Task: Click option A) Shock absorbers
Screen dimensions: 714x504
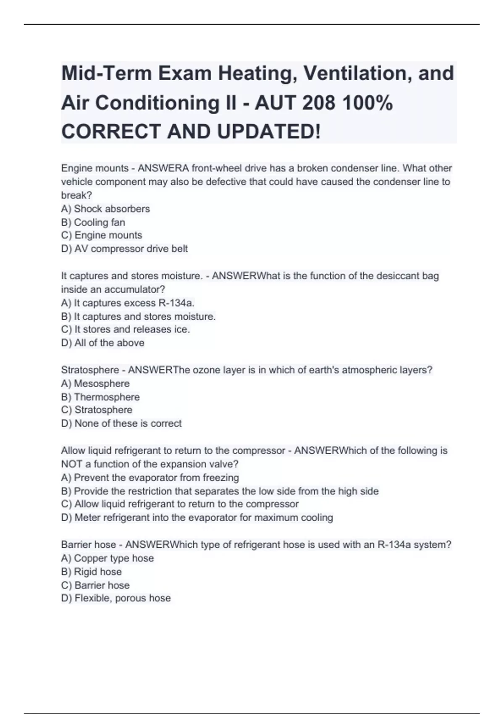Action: tap(105, 209)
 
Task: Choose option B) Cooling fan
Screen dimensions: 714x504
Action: tap(93, 222)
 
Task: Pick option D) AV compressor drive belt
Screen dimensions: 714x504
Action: tap(124, 249)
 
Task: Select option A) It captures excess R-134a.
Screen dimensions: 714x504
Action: tap(128, 303)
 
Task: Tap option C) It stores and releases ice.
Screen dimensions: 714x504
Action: tap(126, 329)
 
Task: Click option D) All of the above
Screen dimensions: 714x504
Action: tap(103, 343)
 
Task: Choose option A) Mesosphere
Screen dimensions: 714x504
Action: tap(95, 383)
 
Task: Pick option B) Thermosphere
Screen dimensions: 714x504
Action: tap(100, 397)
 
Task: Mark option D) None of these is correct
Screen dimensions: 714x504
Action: tap(121, 423)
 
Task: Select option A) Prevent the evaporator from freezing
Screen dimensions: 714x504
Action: tap(150, 478)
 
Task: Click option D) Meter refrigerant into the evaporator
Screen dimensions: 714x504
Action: tap(197, 517)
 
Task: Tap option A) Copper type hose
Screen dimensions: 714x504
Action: tap(108, 558)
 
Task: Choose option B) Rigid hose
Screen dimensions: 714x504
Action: tap(92, 572)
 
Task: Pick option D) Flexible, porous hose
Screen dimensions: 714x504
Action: tap(116, 598)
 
